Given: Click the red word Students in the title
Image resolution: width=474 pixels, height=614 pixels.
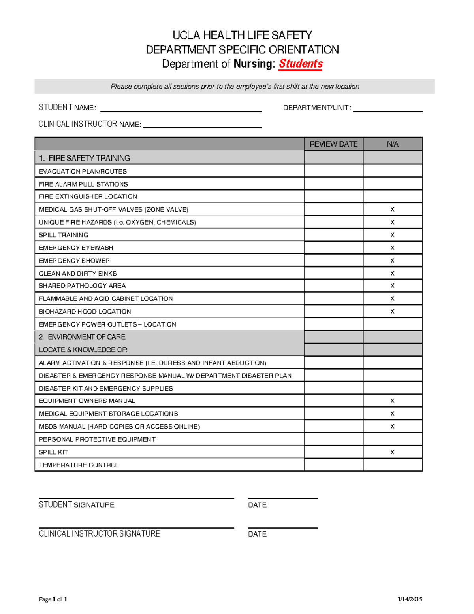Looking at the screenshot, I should pos(301,64).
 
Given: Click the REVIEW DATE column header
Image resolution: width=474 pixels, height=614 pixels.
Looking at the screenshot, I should pos(333,144).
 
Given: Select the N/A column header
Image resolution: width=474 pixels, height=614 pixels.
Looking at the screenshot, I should pos(393,144).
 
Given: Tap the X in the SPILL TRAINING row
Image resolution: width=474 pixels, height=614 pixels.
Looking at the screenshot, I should pos(392,235).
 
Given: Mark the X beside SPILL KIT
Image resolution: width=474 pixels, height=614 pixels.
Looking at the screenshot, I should pos(392,452).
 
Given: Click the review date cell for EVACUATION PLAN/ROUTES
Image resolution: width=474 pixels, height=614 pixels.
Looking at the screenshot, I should pos(333,171).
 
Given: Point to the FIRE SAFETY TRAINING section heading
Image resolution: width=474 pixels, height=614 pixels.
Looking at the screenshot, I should pos(89,158).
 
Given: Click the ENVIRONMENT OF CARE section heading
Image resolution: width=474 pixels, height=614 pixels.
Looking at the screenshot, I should pos(86,337).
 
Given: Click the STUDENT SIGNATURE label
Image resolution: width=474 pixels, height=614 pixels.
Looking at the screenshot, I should pos(77,505).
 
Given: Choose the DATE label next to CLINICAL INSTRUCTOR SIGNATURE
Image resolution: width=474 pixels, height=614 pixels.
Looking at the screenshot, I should pos(257,534).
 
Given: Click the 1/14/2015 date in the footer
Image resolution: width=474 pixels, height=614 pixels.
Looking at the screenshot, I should pos(410,599).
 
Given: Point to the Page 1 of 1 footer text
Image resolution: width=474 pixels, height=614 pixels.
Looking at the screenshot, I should pos(53,599).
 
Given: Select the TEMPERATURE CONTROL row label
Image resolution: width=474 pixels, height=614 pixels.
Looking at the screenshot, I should pos(79,465).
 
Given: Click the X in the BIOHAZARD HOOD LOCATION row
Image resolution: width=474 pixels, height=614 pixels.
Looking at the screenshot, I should pos(392,312).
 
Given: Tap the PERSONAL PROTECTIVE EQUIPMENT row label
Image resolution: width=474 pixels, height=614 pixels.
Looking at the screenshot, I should pos(97,439).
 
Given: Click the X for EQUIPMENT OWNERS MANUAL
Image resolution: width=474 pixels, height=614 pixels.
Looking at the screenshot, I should pos(392,401).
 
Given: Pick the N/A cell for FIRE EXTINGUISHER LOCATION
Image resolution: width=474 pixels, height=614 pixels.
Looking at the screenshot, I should pos(393,196).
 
